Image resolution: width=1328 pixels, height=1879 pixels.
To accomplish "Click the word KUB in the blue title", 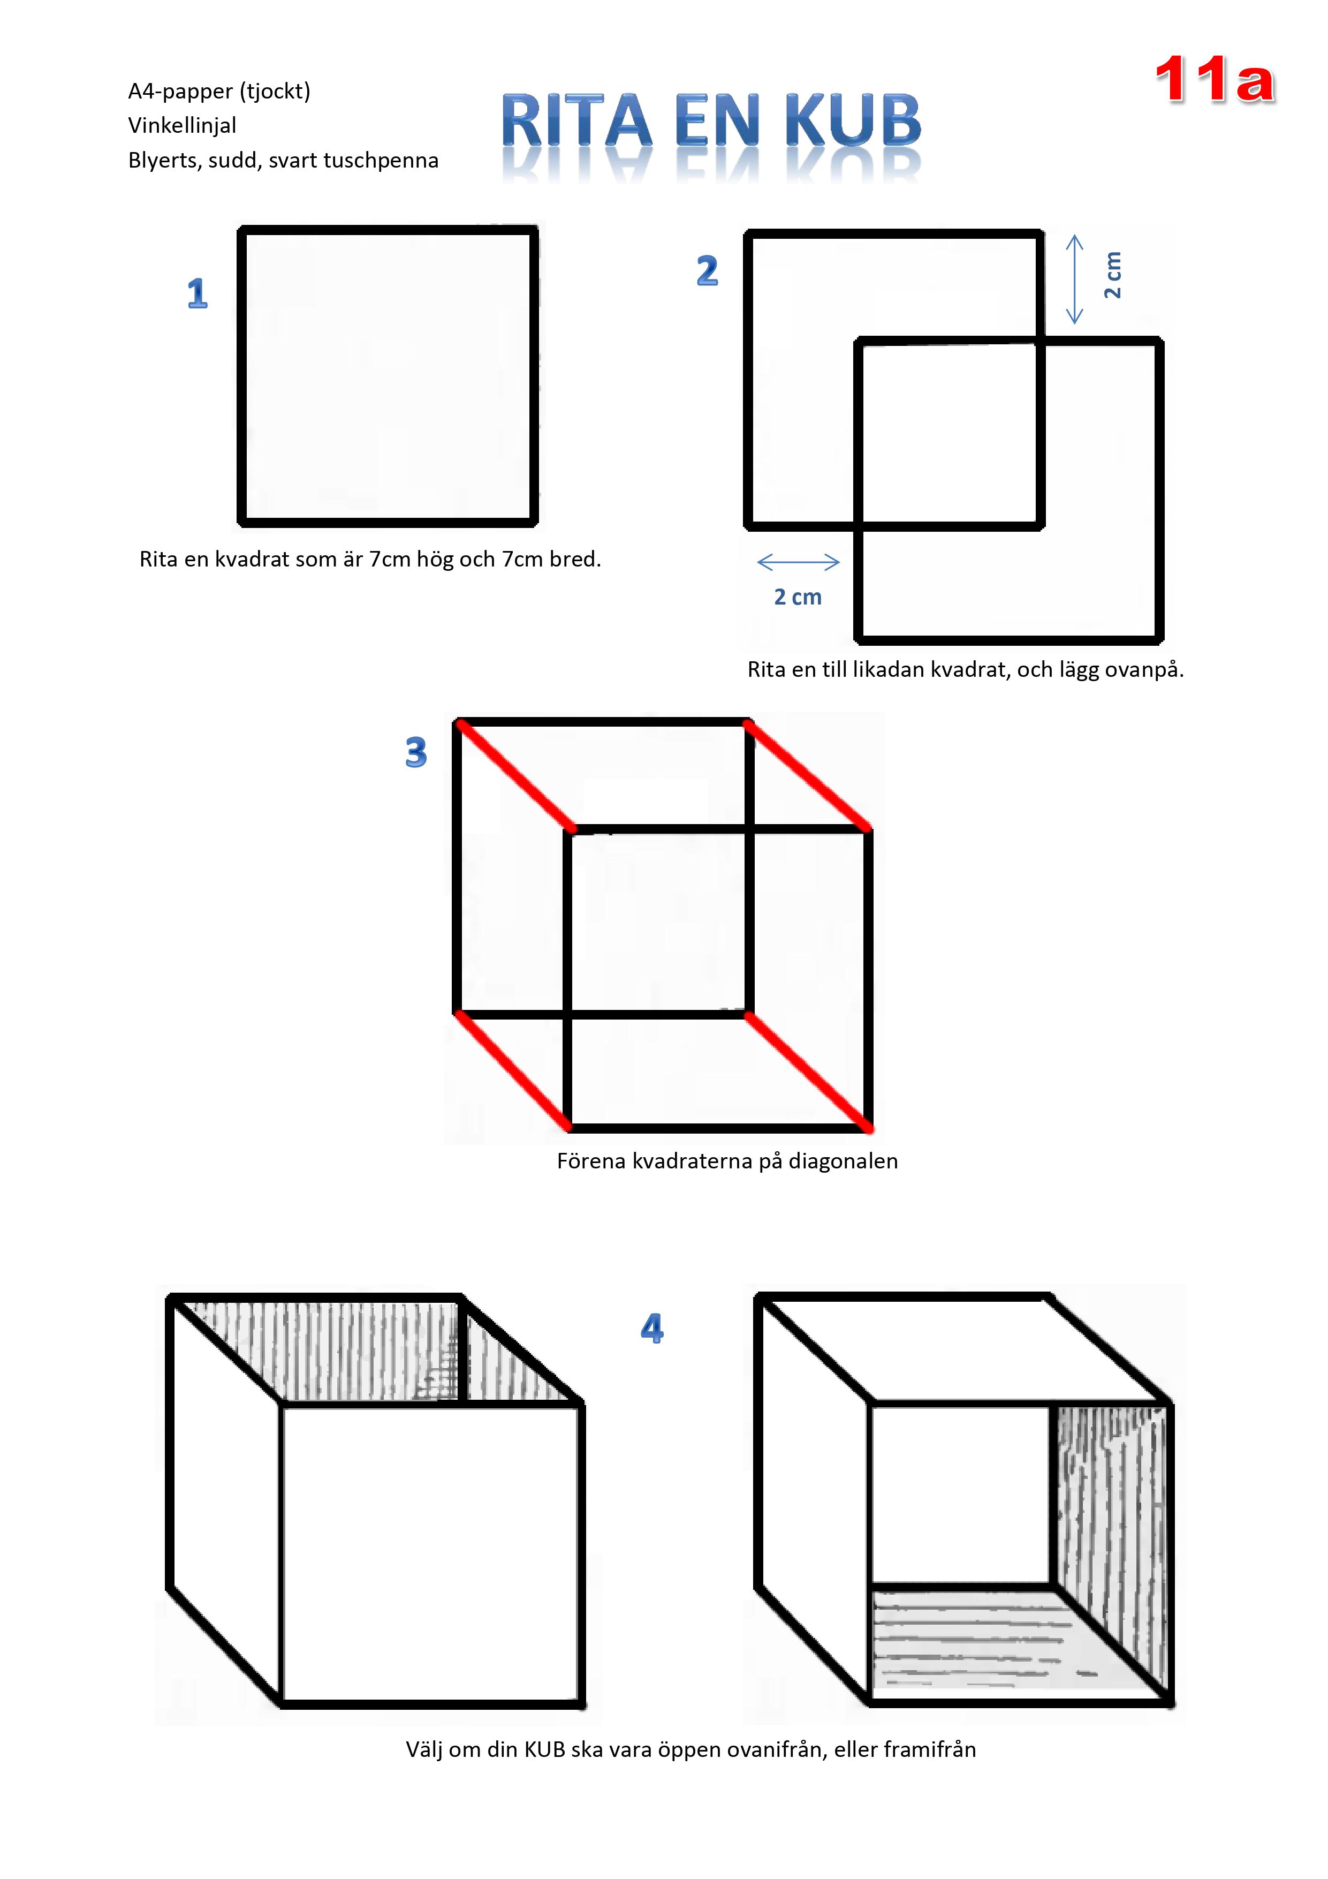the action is [x=853, y=121].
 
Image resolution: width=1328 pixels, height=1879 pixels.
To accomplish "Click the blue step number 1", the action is [x=197, y=293].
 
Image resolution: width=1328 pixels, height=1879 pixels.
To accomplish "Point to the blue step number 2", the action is [x=707, y=271].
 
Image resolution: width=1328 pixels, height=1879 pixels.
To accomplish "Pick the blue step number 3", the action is [x=416, y=752].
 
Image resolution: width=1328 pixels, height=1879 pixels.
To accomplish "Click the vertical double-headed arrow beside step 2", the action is [x=1074, y=279].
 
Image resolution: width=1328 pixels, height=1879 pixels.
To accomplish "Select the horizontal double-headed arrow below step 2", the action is [x=799, y=561].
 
